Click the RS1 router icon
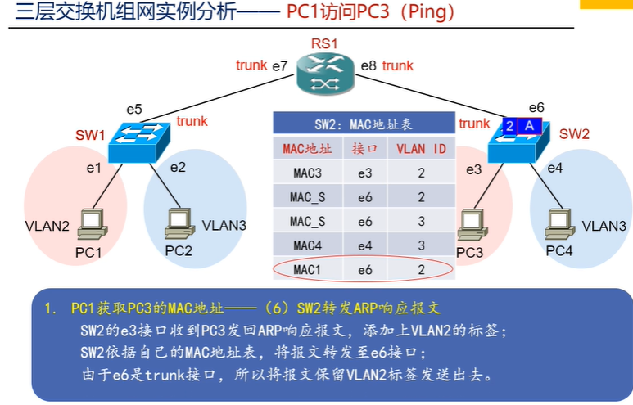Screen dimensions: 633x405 [x=325, y=74]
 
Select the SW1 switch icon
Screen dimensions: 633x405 [x=139, y=142]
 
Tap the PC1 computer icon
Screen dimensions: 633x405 [x=92, y=225]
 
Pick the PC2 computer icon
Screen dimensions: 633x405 [x=179, y=223]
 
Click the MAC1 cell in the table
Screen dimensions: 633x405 [x=308, y=269]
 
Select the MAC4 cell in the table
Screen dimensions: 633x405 [x=308, y=245]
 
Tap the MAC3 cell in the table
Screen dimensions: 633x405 [x=308, y=173]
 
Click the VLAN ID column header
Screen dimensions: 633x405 [x=421, y=149]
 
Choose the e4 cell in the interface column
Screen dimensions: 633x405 [x=365, y=245]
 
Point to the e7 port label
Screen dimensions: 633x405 [x=279, y=66]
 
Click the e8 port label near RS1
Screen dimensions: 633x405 [x=368, y=65]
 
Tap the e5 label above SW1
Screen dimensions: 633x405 [x=134, y=110]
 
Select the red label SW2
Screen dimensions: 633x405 [x=574, y=134]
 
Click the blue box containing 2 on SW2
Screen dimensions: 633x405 [x=509, y=126]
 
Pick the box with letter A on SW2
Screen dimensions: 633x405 [x=529, y=126]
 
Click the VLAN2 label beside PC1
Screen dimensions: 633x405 [x=47, y=226]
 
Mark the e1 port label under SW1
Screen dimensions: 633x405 [x=93, y=168]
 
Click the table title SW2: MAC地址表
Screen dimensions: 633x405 [x=364, y=124]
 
